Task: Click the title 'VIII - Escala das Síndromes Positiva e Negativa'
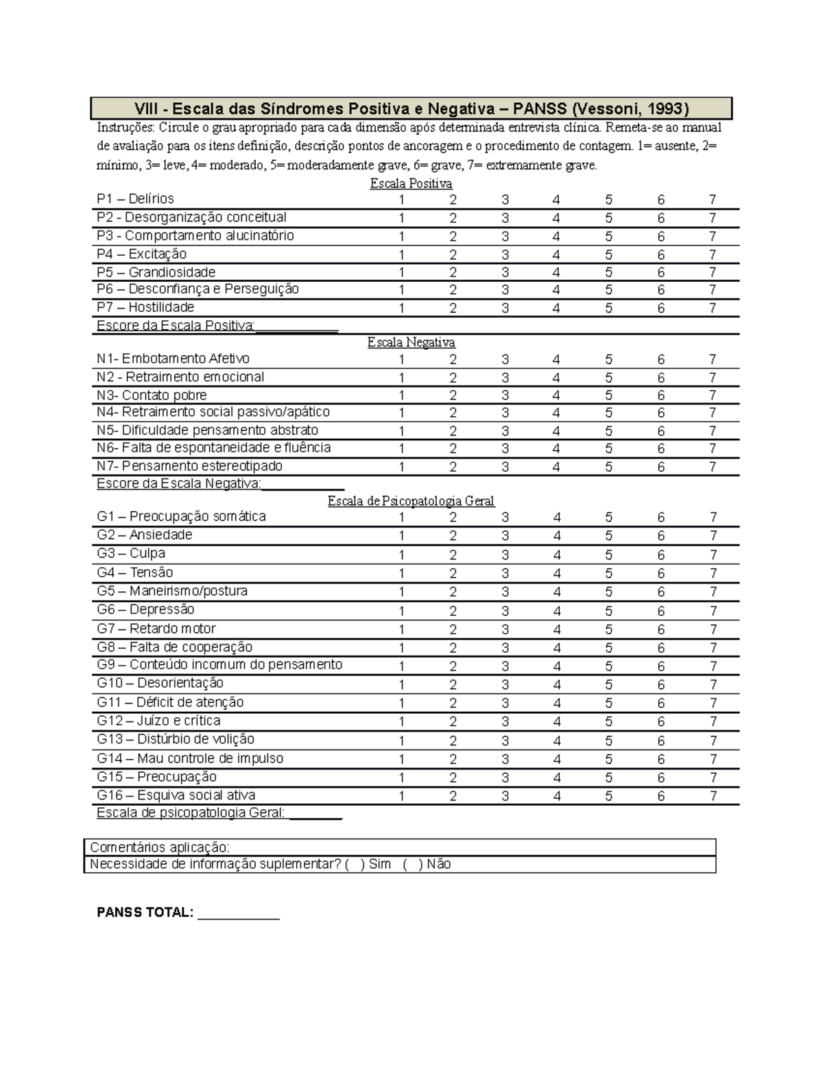pyautogui.click(x=411, y=108)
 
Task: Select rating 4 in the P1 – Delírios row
pyautogui.click(x=556, y=200)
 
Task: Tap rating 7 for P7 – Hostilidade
pyautogui.click(x=713, y=308)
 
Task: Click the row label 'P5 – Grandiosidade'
pyautogui.click(x=156, y=272)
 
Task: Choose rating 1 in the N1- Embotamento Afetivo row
pyautogui.click(x=401, y=359)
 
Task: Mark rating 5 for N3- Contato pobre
pyautogui.click(x=608, y=396)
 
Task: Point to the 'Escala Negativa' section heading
pyautogui.click(x=411, y=342)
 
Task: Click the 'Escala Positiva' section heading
pyautogui.click(x=411, y=184)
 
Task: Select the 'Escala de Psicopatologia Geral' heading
pyautogui.click(x=411, y=501)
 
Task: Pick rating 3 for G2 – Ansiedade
pyautogui.click(x=505, y=536)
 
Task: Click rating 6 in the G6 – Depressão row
pyautogui.click(x=661, y=610)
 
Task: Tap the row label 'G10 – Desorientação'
pyautogui.click(x=160, y=683)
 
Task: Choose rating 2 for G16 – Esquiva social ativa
pyautogui.click(x=453, y=796)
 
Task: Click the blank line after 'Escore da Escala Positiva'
pyautogui.click(x=297, y=327)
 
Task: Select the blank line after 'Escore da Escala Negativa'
pyautogui.click(x=302, y=485)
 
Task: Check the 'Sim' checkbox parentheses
pyautogui.click(x=354, y=864)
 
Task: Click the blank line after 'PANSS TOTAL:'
pyautogui.click(x=239, y=913)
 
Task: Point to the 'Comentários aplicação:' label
pyautogui.click(x=160, y=847)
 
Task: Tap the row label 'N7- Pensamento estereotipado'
pyautogui.click(x=190, y=466)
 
